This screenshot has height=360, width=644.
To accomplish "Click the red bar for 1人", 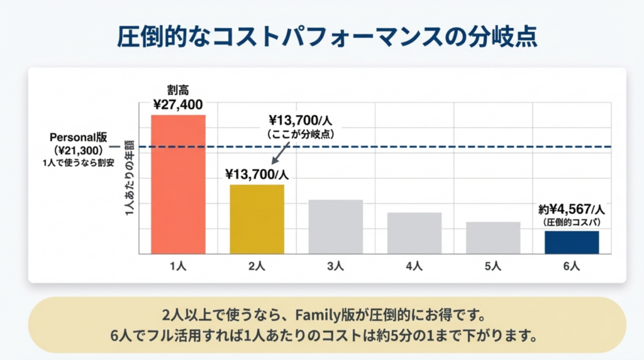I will [x=178, y=184].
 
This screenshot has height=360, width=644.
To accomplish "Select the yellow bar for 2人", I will [x=257, y=219].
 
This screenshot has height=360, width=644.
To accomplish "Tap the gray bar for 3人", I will [x=335, y=227].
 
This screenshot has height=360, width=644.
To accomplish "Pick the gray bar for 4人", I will [x=414, y=233].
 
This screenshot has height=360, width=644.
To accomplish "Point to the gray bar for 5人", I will [x=493, y=237].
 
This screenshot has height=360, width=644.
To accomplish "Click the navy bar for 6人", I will [x=572, y=242].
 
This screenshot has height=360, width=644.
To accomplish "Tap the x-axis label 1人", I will [x=178, y=266].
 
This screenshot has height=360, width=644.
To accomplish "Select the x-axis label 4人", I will [x=414, y=266].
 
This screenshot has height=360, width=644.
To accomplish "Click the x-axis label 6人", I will [x=572, y=266].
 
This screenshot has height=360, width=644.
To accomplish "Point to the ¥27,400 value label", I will [x=178, y=104].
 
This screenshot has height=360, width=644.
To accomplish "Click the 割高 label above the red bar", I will [x=178, y=90].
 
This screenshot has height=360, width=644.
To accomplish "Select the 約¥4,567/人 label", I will [x=571, y=210].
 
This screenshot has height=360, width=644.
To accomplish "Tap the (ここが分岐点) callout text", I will [x=299, y=134].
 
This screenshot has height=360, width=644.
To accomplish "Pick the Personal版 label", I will [x=79, y=137].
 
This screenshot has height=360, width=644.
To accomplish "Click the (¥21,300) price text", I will [x=79, y=150].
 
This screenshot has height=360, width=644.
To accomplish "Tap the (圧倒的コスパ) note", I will [x=571, y=223].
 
